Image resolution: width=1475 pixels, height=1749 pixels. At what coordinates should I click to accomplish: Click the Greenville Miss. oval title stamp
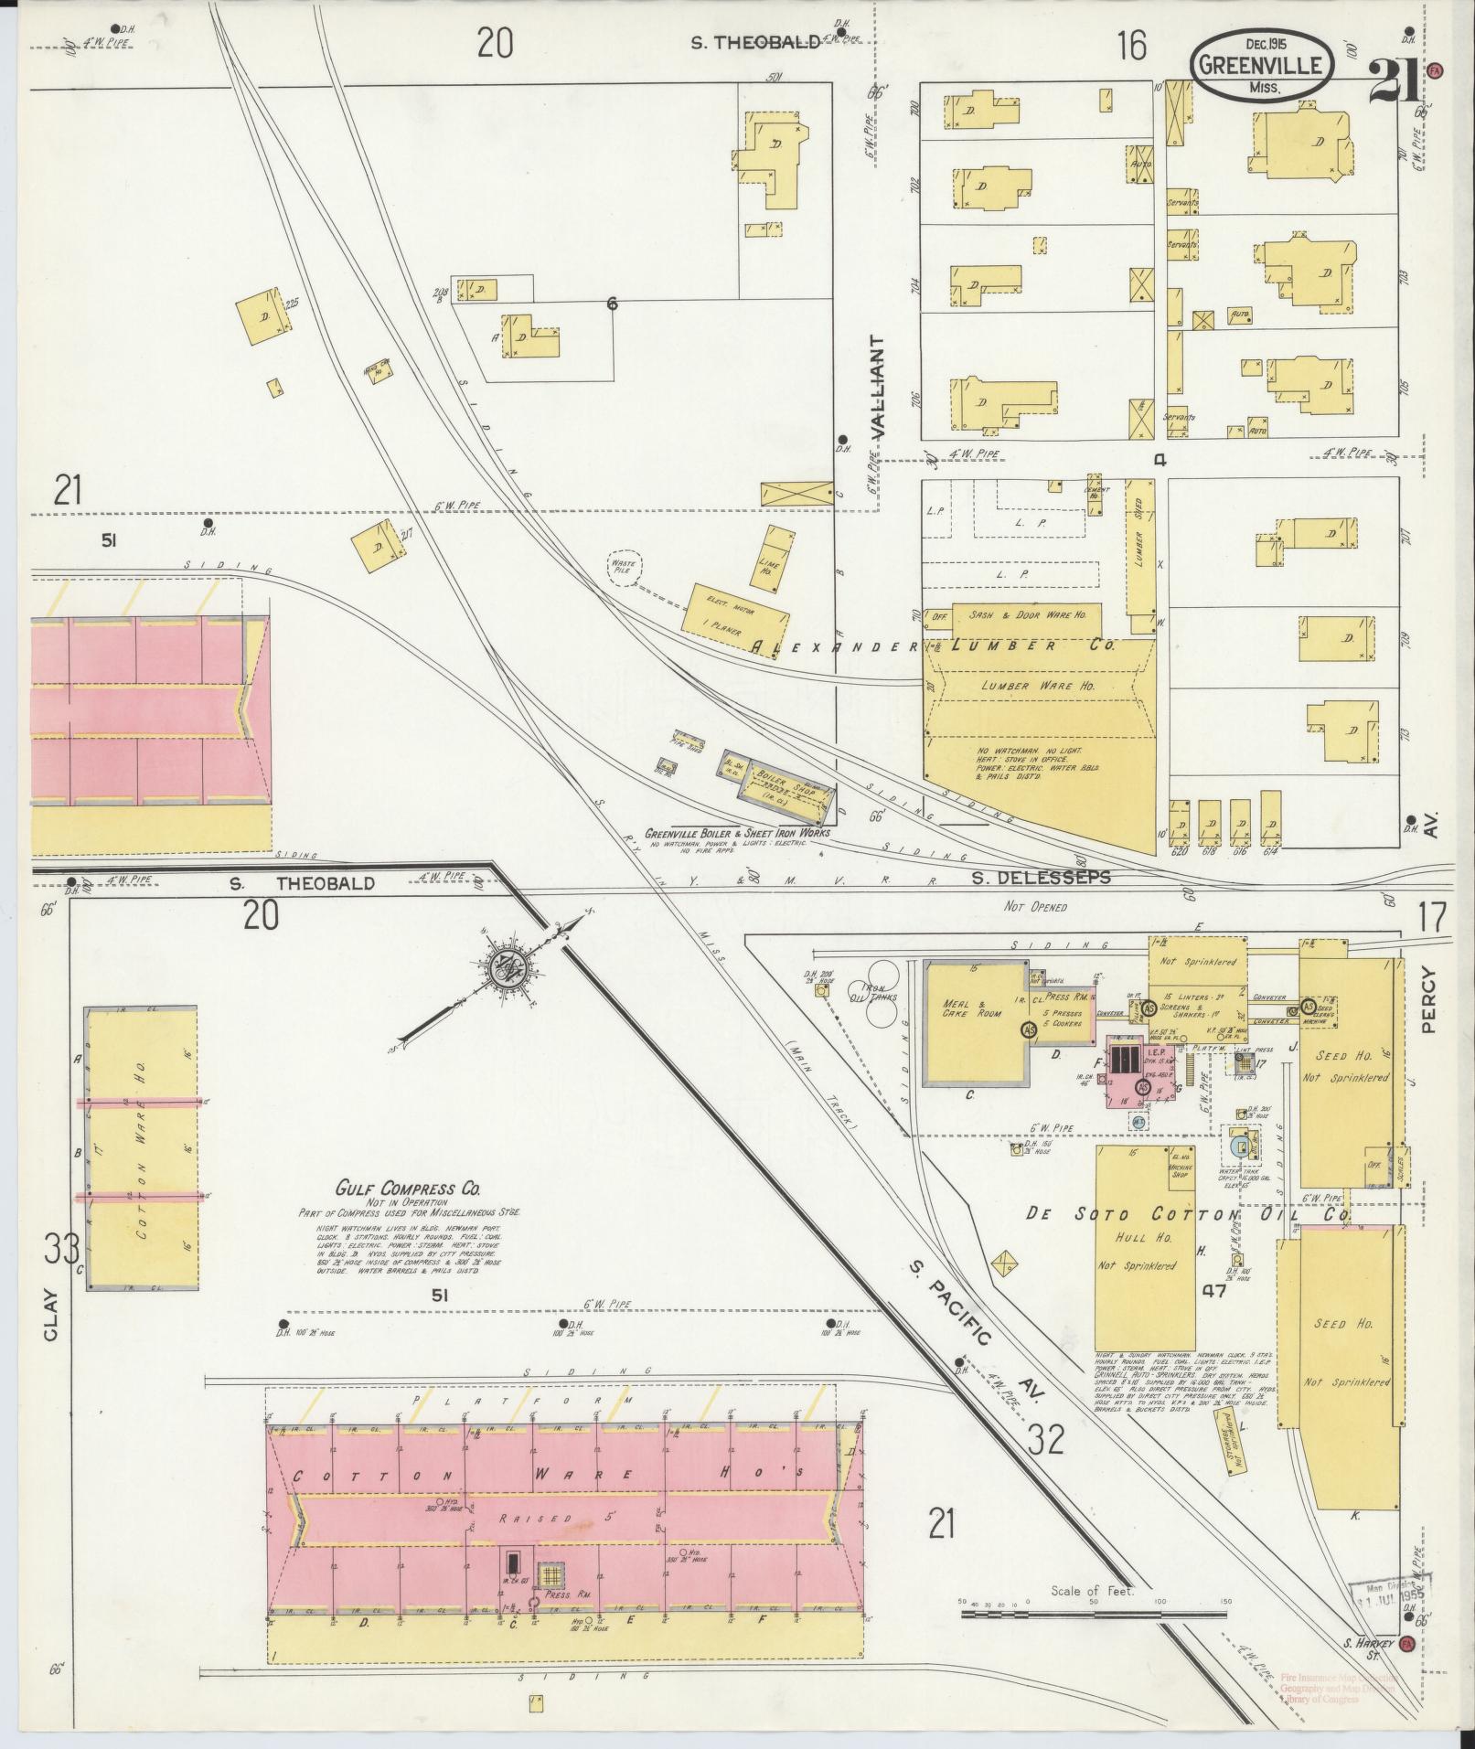[1261, 65]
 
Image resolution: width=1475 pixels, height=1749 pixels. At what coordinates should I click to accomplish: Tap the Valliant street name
[879, 389]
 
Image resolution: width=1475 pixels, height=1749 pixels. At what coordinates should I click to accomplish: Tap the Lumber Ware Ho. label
[1033, 686]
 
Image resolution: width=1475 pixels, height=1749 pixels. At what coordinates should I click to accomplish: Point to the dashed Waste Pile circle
[622, 567]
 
